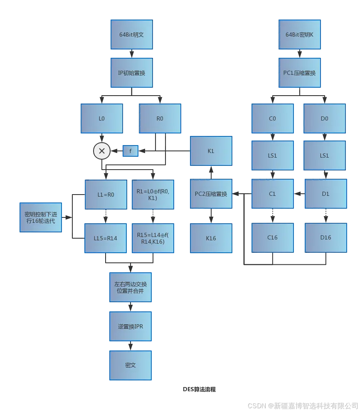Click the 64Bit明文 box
click(131, 35)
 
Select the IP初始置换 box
click(131, 73)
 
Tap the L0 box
click(101, 119)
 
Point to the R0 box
click(160, 119)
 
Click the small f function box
click(131, 151)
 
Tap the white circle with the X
click(102, 151)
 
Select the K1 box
click(211, 151)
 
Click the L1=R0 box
click(106, 194)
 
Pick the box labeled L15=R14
click(105, 238)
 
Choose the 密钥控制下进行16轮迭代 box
click(41, 217)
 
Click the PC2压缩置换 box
click(211, 194)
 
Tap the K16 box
click(211, 238)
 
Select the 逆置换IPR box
click(131, 326)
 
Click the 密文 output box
click(131, 365)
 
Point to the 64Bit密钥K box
click(299, 35)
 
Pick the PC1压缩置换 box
click(299, 73)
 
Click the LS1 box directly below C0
click(272, 155)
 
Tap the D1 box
click(325, 194)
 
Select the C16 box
click(272, 238)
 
